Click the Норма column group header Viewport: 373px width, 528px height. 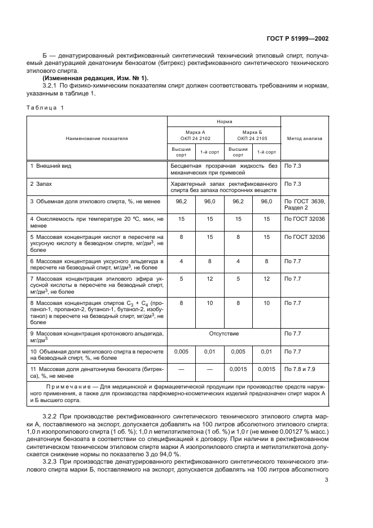(223, 121)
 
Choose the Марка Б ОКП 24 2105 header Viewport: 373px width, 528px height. (252, 134)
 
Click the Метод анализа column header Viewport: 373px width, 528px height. (305, 137)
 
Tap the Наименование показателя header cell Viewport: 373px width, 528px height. (96, 137)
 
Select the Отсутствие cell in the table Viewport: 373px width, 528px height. (224, 334)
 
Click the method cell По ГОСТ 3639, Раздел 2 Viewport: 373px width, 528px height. (305, 204)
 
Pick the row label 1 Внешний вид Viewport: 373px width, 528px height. (51, 167)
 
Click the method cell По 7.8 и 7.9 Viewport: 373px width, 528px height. (301, 369)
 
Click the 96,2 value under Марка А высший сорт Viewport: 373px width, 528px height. (181, 201)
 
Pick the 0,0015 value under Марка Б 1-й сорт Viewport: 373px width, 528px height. (266, 369)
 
